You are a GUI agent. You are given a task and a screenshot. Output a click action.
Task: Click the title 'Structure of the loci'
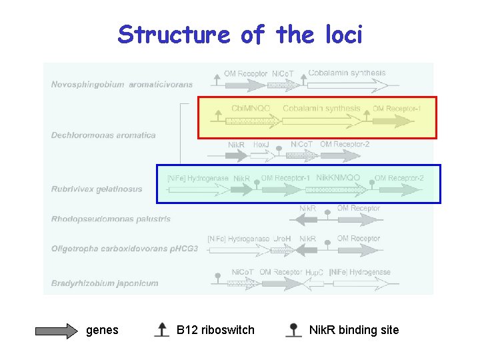click(240, 34)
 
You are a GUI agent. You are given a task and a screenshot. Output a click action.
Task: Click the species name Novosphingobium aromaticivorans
click(122, 85)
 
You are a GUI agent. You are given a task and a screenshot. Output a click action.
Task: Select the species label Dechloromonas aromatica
click(103, 135)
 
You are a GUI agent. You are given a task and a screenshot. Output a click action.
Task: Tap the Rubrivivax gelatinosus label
click(97, 189)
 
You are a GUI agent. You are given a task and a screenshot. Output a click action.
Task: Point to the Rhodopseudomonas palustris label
click(111, 219)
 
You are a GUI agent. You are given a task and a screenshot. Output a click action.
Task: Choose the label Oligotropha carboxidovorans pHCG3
click(125, 249)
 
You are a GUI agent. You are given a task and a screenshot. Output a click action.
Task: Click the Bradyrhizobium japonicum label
click(105, 283)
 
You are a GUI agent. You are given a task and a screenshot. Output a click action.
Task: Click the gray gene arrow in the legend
click(56, 331)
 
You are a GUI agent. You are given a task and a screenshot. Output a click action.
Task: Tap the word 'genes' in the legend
click(102, 330)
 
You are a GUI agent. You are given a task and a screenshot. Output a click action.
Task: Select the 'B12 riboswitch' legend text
click(215, 330)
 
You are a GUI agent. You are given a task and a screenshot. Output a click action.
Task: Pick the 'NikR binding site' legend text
click(354, 330)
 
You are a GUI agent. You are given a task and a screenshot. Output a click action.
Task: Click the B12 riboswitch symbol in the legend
click(161, 329)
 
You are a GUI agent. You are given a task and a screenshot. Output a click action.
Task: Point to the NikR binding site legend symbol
click(293, 329)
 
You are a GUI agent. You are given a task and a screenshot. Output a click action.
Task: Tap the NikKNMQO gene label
click(338, 178)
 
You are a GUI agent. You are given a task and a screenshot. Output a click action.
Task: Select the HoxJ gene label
click(261, 144)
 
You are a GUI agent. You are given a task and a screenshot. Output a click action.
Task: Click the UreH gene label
click(282, 239)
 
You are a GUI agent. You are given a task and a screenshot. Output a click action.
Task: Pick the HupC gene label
click(314, 273)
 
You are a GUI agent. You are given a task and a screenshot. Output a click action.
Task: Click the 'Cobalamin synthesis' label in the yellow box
click(321, 108)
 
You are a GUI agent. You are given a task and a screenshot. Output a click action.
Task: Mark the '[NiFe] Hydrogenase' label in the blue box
click(198, 179)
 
